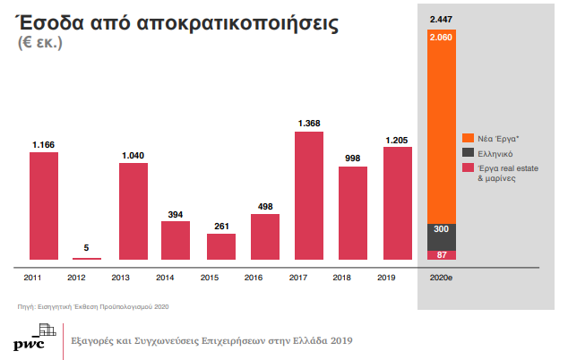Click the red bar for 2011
point(43,205)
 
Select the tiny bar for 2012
point(87,258)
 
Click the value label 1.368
point(309,124)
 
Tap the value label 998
point(353,158)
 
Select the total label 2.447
point(441,19)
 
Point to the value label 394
point(176,213)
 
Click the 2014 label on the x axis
point(176,279)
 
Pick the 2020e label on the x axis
point(441,279)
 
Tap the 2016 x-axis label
point(265,279)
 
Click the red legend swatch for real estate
point(468,167)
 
